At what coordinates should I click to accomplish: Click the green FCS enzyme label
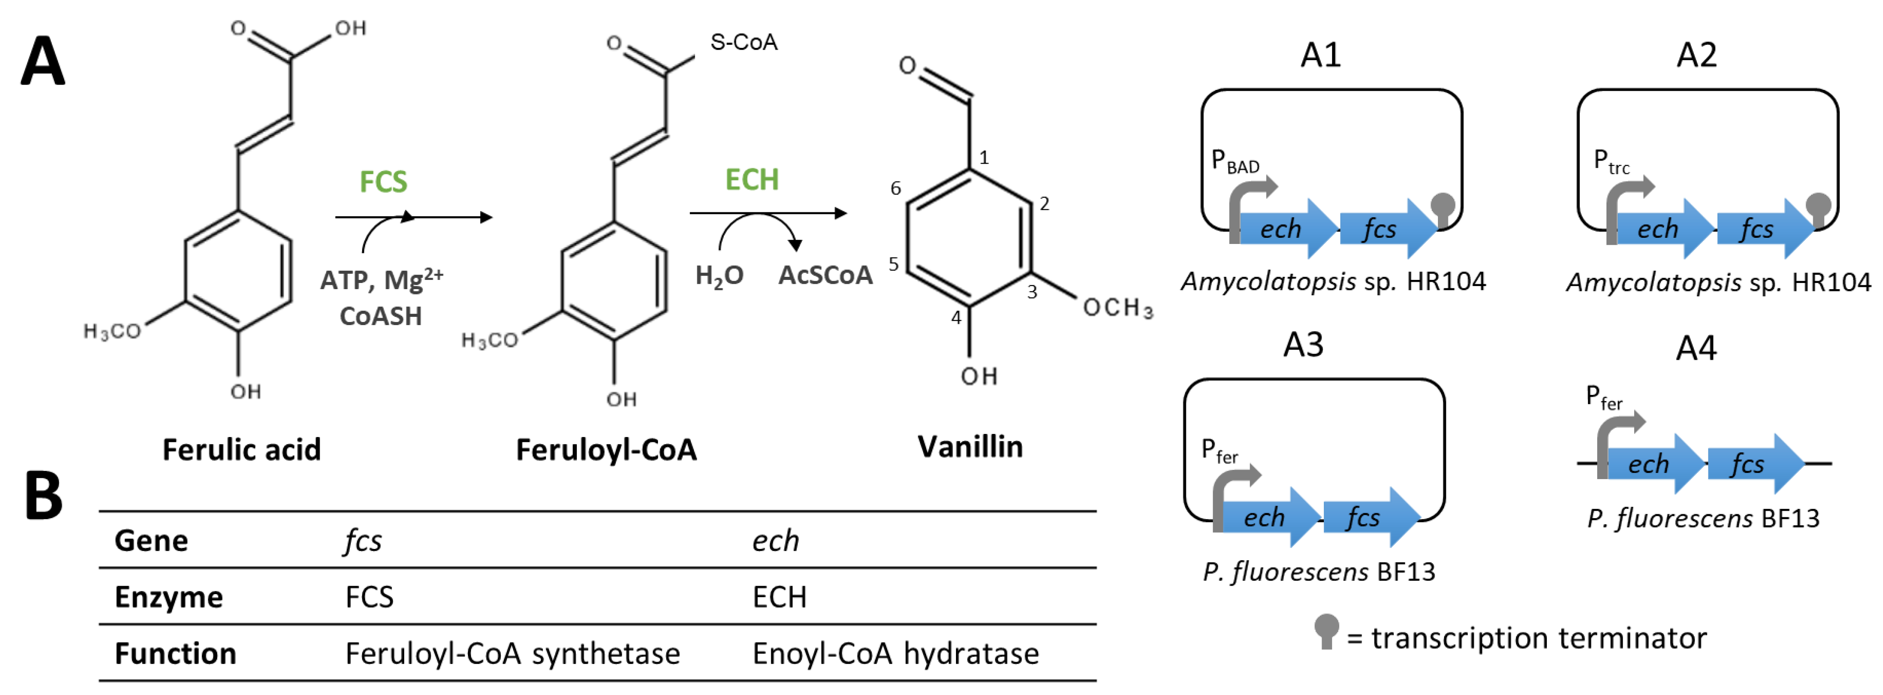point(383,181)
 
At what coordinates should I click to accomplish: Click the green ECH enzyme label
point(751,180)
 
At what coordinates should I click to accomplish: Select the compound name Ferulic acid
point(241,449)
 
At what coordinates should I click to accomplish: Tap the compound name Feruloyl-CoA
point(606,449)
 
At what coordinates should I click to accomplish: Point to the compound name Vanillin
point(970,447)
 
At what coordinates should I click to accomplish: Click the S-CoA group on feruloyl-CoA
point(744,43)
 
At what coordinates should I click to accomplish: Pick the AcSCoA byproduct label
point(825,276)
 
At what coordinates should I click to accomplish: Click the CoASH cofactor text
point(381,316)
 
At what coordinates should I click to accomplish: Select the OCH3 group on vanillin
point(1118,308)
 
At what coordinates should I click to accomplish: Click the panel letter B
point(44,495)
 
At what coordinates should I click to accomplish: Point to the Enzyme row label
point(169,597)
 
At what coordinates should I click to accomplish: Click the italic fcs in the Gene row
point(363,541)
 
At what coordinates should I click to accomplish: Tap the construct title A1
point(1320,55)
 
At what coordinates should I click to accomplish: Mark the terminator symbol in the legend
point(1326,630)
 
